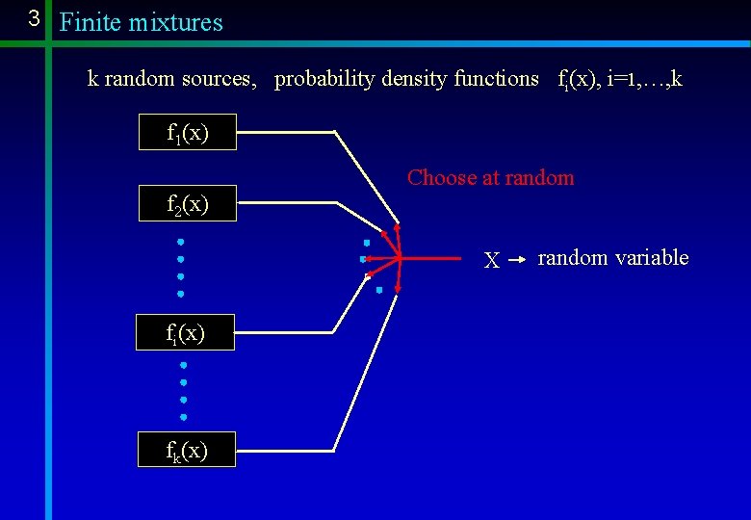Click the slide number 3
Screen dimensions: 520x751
33,18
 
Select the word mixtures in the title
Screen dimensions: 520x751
177,22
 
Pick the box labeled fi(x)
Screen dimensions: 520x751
185,331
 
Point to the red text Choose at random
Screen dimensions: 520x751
490,177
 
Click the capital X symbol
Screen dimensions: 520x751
491,260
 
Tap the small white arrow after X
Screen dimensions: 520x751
517,259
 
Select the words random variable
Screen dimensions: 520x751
612,257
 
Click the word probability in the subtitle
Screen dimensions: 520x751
324,79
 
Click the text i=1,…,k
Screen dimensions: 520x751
644,79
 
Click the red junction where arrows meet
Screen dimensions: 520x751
398,257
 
